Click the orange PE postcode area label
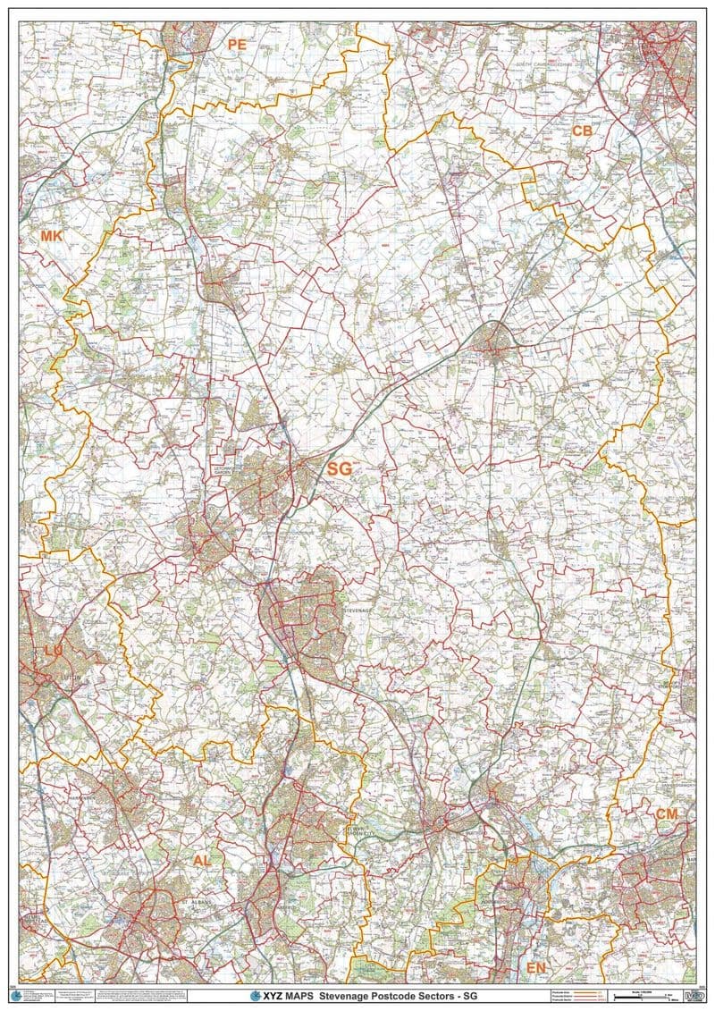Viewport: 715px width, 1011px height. point(236,44)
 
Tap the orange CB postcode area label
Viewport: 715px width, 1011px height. point(582,131)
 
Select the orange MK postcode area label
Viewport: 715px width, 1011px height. point(52,236)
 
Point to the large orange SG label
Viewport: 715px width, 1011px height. point(340,468)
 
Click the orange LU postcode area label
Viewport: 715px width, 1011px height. point(53,652)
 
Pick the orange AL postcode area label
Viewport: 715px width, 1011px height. point(202,860)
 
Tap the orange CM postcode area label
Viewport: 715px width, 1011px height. point(667,813)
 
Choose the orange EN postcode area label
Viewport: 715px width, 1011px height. point(535,968)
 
